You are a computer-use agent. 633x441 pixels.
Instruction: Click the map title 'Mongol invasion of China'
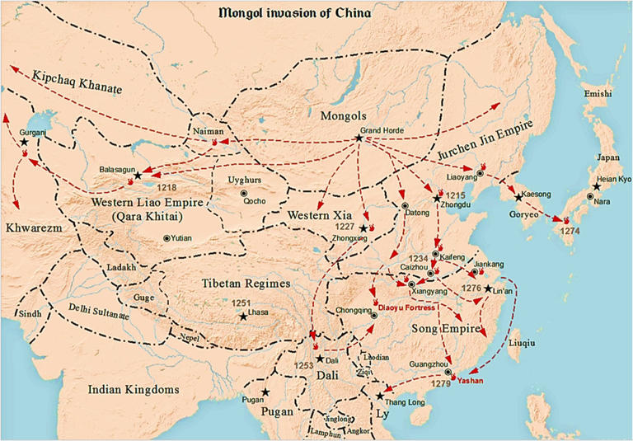[x=294, y=12]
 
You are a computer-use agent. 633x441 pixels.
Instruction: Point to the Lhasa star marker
[x=243, y=316]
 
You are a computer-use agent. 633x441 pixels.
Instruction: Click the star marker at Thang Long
[x=379, y=396]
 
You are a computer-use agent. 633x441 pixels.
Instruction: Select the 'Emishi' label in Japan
[x=598, y=95]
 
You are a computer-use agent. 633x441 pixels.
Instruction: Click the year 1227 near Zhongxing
[x=345, y=226]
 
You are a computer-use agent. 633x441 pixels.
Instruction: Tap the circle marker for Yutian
[x=167, y=238]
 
